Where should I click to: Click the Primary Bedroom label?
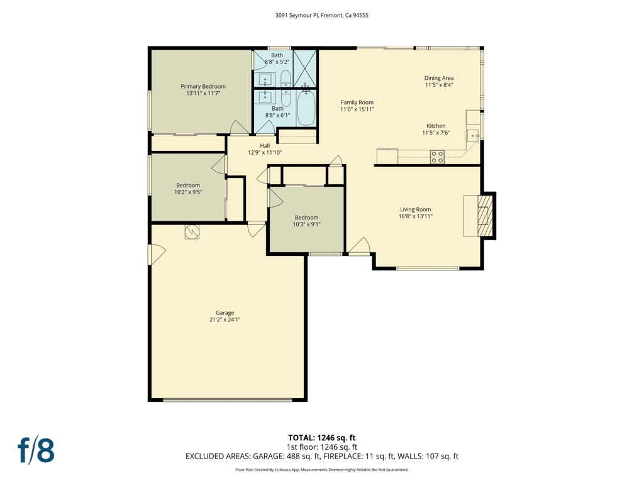pos(203,87)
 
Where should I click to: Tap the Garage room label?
pos(225,313)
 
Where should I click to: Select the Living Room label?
pos(416,209)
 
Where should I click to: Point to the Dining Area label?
pos(439,78)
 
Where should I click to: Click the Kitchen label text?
pos(436,126)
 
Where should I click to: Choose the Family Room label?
pos(357,103)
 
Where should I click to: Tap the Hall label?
pos(265,146)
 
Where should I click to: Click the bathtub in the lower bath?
pos(306,108)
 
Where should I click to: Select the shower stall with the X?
pos(305,68)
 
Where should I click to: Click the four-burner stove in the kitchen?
pos(437,157)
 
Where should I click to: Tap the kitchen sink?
pos(474,136)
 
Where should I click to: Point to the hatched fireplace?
pos(486,216)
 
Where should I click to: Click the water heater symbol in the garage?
pos(192,231)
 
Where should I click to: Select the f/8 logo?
pos(36,450)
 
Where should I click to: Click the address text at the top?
pos(321,15)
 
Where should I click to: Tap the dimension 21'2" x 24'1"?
pos(225,319)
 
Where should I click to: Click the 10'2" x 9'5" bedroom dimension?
pos(188,192)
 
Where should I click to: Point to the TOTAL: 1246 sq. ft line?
pos(321,438)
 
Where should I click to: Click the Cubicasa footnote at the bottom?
pos(321,469)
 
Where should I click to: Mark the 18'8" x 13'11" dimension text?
pos(416,216)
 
